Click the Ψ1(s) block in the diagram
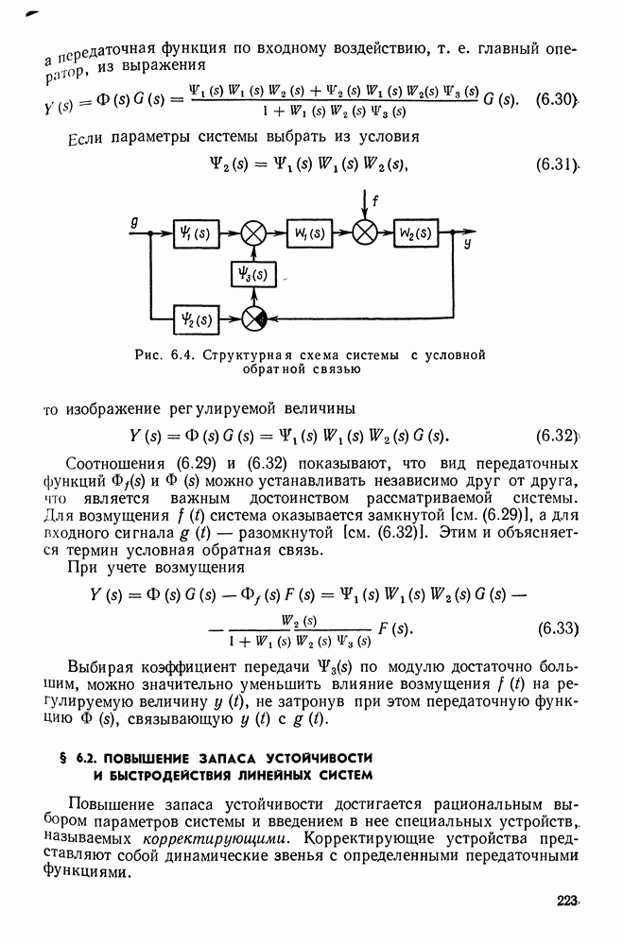pyautogui.click(x=197, y=233)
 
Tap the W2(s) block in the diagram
pyautogui.click(x=417, y=233)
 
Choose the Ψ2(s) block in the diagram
pyautogui.click(x=197, y=319)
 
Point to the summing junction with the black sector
pyautogui.click(x=253, y=319)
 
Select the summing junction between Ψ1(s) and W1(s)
pyautogui.click(x=253, y=233)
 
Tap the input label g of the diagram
pyautogui.click(x=135, y=223)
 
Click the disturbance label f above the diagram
pyautogui.click(x=375, y=199)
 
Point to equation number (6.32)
pyautogui.click(x=556, y=436)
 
